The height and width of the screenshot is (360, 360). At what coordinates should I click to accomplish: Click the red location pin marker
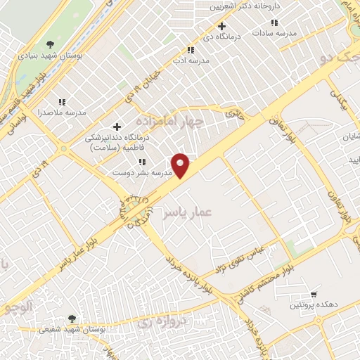click(x=181, y=165)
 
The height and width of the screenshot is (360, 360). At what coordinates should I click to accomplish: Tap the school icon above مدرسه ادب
click(x=189, y=50)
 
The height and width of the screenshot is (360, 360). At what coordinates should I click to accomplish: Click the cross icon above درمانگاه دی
click(x=221, y=26)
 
